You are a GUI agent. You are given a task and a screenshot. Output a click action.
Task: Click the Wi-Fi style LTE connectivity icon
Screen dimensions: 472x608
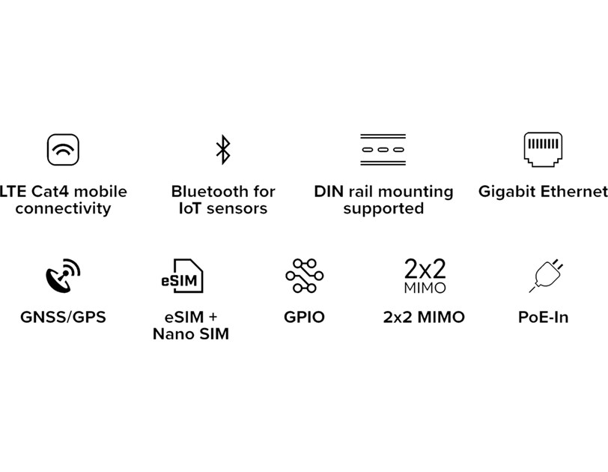click(x=63, y=149)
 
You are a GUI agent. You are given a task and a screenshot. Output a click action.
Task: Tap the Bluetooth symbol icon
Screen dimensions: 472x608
click(x=222, y=149)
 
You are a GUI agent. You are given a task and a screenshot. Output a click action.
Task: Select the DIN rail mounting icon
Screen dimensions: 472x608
click(x=383, y=149)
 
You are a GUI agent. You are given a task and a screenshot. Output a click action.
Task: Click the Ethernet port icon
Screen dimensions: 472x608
click(x=543, y=148)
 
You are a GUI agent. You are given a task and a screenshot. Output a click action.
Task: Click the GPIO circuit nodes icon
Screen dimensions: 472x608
click(x=304, y=276)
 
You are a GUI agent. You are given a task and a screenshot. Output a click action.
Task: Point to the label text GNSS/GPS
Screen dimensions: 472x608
click(x=63, y=317)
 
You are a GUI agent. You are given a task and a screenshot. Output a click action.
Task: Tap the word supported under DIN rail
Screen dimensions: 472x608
click(x=383, y=209)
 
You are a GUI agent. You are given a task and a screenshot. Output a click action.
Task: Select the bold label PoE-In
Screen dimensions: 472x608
click(x=543, y=317)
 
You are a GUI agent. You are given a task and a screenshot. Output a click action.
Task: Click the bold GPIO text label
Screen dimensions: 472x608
click(x=304, y=317)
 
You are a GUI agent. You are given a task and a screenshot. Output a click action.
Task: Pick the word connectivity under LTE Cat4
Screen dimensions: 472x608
click(x=63, y=209)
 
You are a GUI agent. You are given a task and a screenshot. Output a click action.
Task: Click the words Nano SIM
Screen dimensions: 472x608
click(x=190, y=334)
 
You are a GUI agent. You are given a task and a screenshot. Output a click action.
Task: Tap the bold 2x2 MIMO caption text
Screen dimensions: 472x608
click(x=424, y=317)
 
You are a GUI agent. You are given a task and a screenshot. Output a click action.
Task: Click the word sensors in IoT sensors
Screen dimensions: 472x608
click(x=237, y=209)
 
